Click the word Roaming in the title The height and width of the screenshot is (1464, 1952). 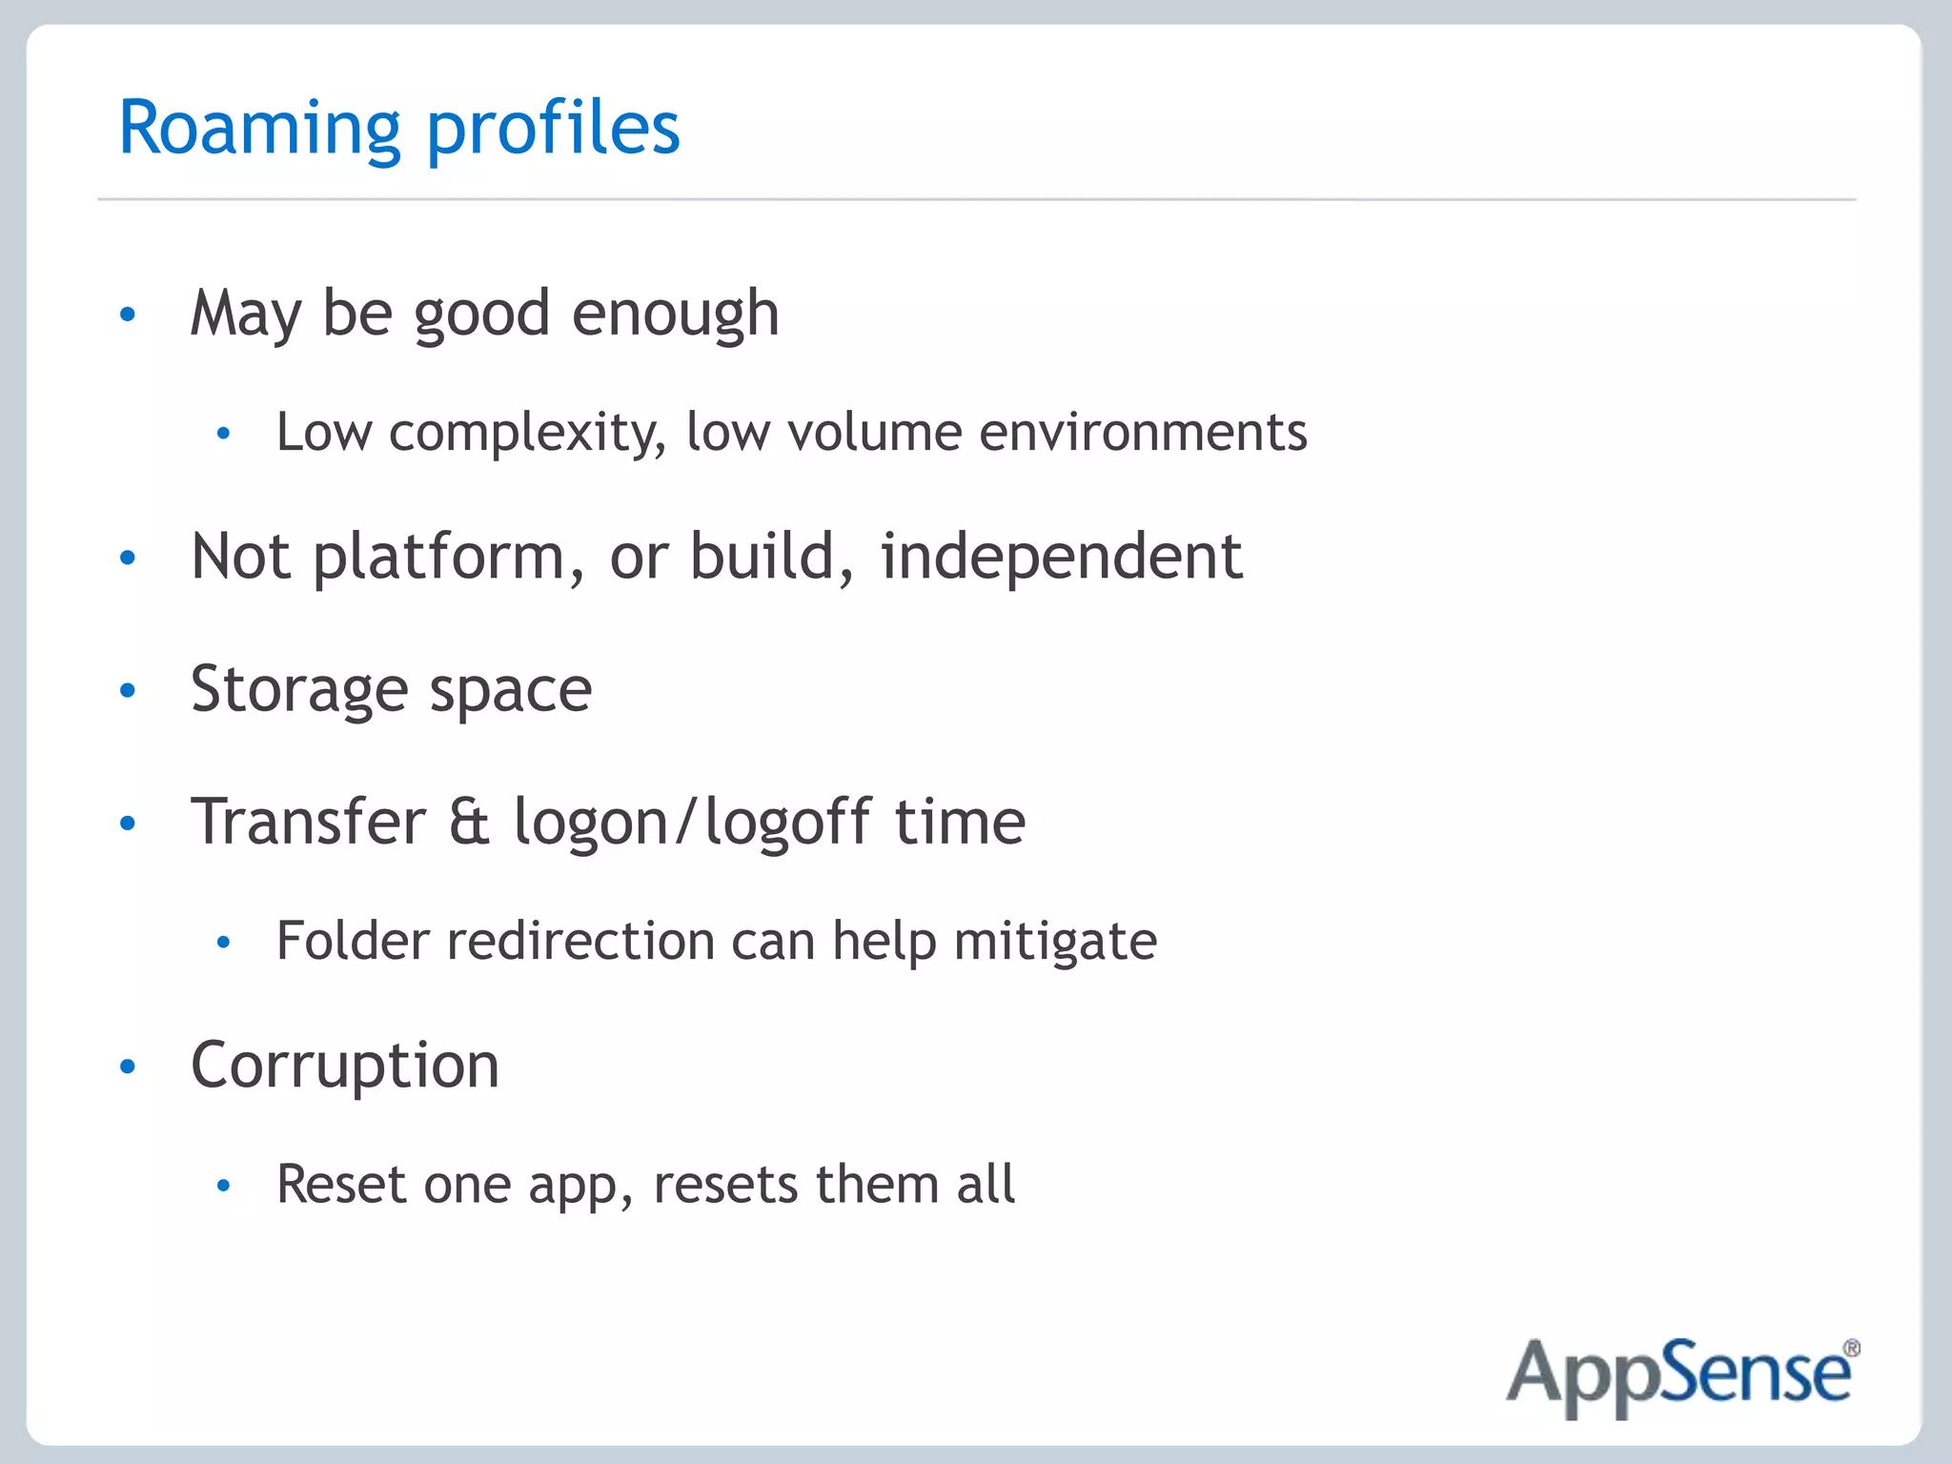click(x=259, y=129)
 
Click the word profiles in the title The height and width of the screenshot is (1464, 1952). click(x=553, y=129)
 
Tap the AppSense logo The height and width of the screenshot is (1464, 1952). click(x=1679, y=1374)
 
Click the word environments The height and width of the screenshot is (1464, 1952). click(x=1143, y=432)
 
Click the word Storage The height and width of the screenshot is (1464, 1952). click(x=299, y=689)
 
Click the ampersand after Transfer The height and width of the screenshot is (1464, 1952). click(x=469, y=822)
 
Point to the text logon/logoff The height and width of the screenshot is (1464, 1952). click(x=693, y=823)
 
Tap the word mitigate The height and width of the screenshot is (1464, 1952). click(x=1055, y=943)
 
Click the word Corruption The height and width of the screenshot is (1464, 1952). click(x=345, y=1066)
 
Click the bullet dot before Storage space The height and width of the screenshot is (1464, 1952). click(x=128, y=690)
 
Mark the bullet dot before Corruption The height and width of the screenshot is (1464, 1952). click(x=128, y=1067)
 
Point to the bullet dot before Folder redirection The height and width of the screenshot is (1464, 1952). click(x=224, y=943)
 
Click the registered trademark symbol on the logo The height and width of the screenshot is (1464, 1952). click(x=1851, y=1349)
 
